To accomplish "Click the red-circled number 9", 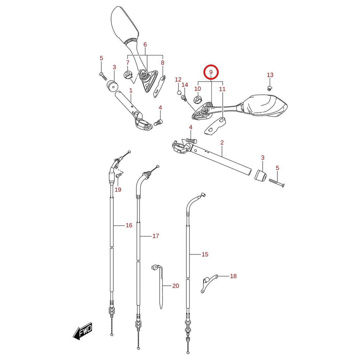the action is coord(211,72).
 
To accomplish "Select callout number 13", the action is coord(270,75).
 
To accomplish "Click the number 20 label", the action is coord(176,286).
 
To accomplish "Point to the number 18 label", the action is coord(233,276).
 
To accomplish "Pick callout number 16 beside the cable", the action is coord(129,225).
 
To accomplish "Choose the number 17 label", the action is coord(156,236).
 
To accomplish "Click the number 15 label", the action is coord(205,254).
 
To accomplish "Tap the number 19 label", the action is coord(118,190).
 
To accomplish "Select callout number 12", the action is coord(178,80).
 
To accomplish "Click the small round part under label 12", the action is coord(179,93).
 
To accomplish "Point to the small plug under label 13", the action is coord(270,88).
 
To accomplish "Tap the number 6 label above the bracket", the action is coord(145,45).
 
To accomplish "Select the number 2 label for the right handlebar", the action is coord(222,142).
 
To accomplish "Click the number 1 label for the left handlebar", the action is coord(131,90).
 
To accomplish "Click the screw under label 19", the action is coord(118,176).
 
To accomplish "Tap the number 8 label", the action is coord(163,62).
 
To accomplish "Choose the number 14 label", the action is coord(185,85).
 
